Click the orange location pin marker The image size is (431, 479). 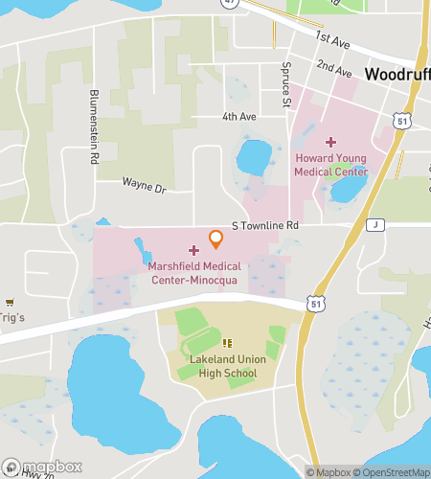[215, 236]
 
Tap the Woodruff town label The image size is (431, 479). [397, 74]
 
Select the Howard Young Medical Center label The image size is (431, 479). [331, 164]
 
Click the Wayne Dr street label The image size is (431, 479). [144, 182]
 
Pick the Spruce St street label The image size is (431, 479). [285, 84]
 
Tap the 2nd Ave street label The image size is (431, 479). [335, 69]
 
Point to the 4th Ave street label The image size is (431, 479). [239, 118]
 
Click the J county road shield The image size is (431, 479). [376, 225]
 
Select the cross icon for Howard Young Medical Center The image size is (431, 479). [331, 141]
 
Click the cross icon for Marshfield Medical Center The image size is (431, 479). [193, 250]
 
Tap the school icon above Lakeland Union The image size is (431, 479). [227, 343]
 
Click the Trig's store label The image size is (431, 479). [13, 317]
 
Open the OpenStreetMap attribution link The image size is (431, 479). [392, 471]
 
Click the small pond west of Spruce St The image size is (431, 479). [254, 153]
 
